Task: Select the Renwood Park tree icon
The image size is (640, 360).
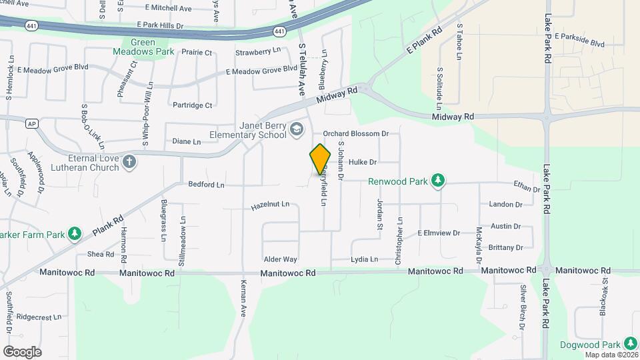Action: [x=438, y=180]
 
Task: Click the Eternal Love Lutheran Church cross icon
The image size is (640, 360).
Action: [x=129, y=161]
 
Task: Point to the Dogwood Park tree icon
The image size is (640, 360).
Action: [x=630, y=344]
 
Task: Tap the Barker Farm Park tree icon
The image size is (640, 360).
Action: [x=75, y=234]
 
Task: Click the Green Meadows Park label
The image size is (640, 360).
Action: [x=152, y=47]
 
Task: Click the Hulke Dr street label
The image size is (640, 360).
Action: [x=363, y=162]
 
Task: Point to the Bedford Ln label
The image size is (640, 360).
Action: [x=206, y=184]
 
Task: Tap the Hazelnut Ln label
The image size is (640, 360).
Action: [x=270, y=205]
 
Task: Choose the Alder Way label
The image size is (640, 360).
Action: [x=280, y=259]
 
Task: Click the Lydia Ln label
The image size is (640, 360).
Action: [x=364, y=259]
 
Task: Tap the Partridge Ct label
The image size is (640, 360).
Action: [x=192, y=105]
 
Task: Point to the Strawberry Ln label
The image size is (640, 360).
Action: [x=257, y=51]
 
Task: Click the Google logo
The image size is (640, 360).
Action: [x=22, y=351]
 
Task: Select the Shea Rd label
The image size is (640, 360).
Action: [x=100, y=254]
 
